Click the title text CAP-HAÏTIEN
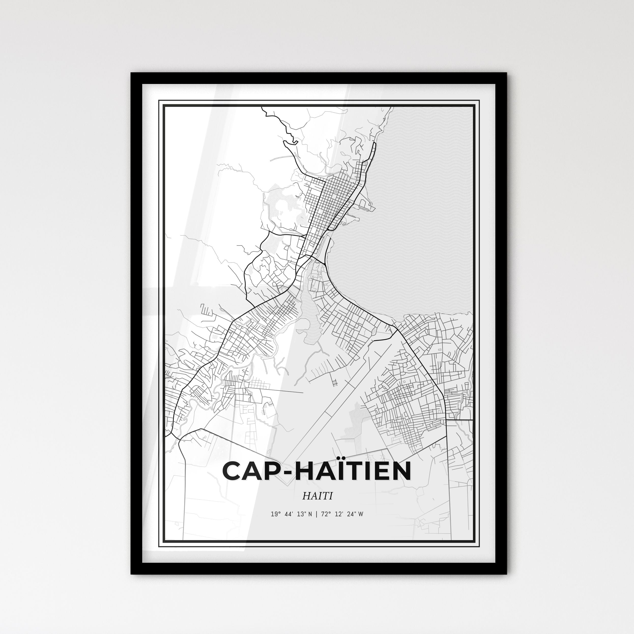coord(317,471)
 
